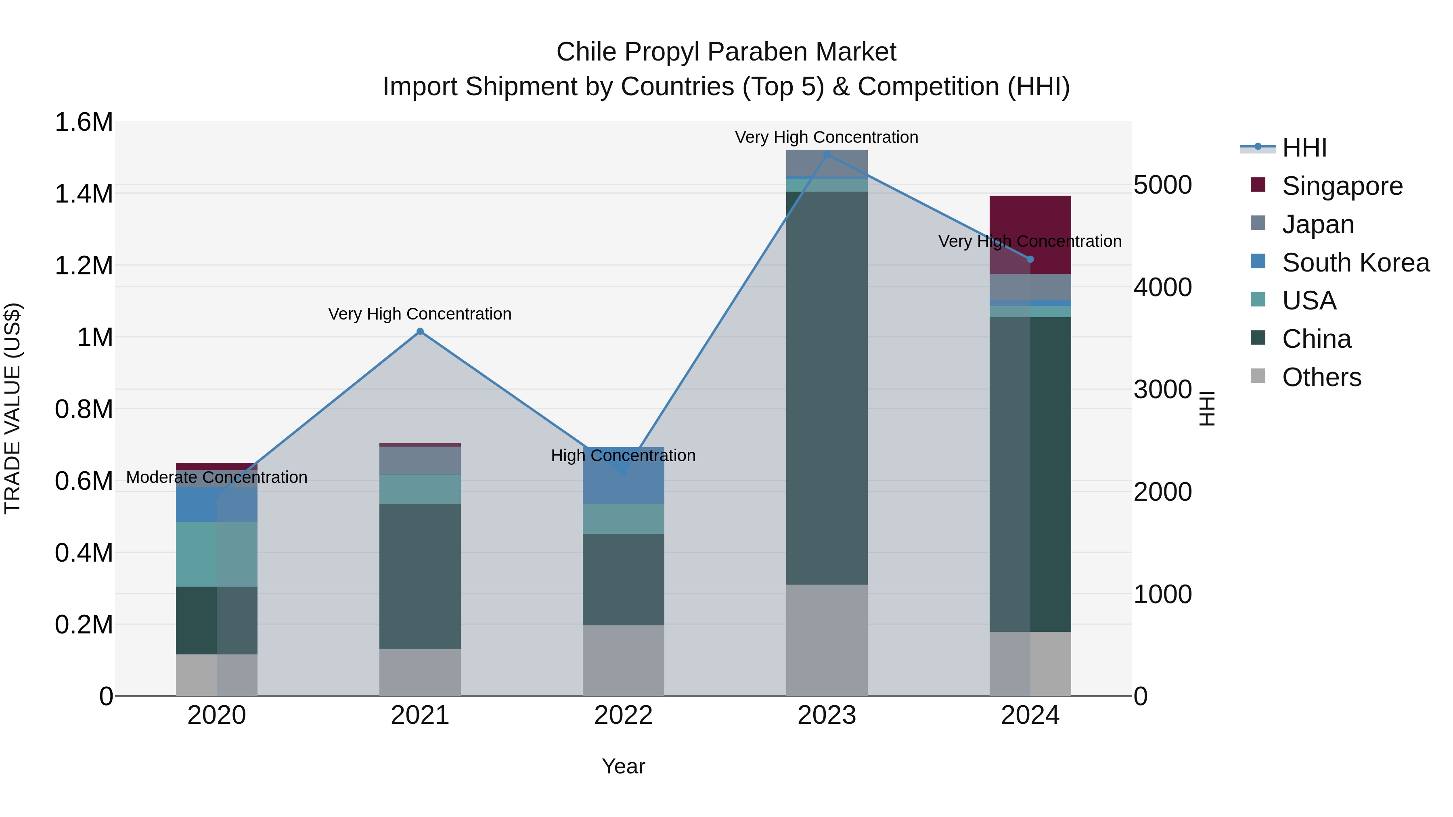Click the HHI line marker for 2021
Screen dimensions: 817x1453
tap(420, 332)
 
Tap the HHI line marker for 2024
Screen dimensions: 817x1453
tap(1030, 259)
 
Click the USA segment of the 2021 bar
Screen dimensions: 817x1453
tap(420, 489)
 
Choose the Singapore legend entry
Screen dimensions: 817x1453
tap(1342, 186)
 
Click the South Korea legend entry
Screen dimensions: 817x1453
tap(1355, 262)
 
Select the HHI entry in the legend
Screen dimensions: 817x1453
tap(1304, 148)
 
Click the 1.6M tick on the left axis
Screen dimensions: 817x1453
tap(84, 122)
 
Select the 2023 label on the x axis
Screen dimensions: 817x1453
tap(827, 715)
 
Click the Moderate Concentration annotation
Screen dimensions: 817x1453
tap(217, 478)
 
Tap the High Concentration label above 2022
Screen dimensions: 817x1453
tap(623, 456)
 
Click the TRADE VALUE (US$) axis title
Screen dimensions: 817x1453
tap(13, 408)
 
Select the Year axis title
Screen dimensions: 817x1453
tap(623, 766)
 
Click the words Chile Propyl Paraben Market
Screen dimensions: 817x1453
tap(726, 52)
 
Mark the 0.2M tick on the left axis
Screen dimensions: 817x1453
tap(84, 625)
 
